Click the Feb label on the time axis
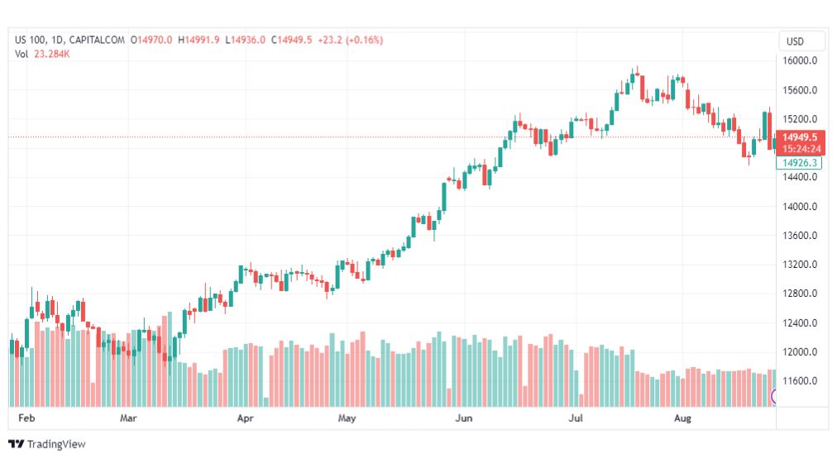pos(26,418)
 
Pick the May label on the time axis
pos(347,418)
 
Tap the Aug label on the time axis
pos(683,418)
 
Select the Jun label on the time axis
pos(464,418)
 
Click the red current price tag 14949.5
pos(800,137)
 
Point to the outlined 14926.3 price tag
pos(800,163)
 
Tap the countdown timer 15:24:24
pos(800,149)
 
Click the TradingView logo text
pos(55,444)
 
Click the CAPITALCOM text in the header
pos(97,40)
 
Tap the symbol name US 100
pos(31,40)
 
